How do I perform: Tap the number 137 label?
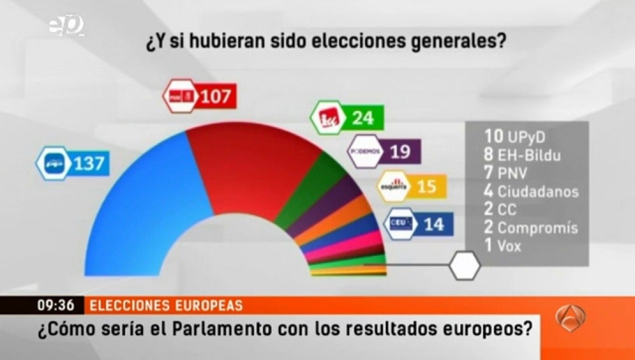tap(88, 163)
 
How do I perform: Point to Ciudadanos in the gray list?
tap(530, 190)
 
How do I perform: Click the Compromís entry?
tap(530, 227)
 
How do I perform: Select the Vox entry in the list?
tap(502, 246)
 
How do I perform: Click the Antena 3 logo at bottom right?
tap(570, 317)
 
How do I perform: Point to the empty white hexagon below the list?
tap(465, 265)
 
